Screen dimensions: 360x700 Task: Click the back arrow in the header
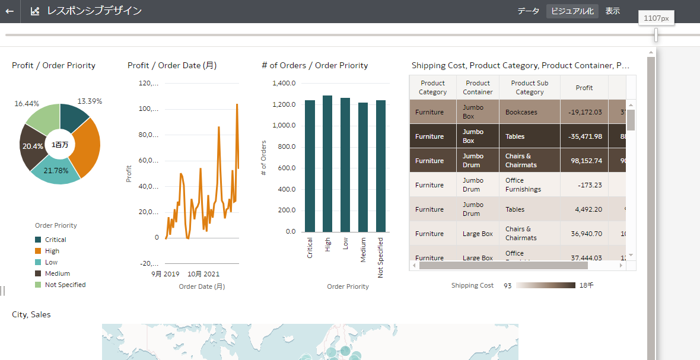coord(9,11)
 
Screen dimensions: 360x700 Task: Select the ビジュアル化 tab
coord(572,11)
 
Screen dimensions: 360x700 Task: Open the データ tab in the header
coord(528,11)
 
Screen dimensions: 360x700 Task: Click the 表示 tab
coord(613,11)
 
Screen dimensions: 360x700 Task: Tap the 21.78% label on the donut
coord(56,171)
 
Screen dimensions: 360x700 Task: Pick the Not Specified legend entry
coord(65,285)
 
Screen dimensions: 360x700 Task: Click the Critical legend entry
coord(56,240)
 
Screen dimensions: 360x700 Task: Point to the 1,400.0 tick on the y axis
coord(284,84)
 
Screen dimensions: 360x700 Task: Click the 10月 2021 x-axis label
coord(203,274)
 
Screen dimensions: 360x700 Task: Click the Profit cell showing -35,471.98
coord(584,136)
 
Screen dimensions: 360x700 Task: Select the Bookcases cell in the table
coord(521,112)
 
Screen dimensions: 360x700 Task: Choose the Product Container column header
coord(478,88)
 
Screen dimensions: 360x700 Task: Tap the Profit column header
coord(584,88)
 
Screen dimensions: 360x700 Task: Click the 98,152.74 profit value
coord(584,161)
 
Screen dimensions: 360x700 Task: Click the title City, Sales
coord(31,314)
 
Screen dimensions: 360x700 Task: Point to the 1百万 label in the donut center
coord(59,145)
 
